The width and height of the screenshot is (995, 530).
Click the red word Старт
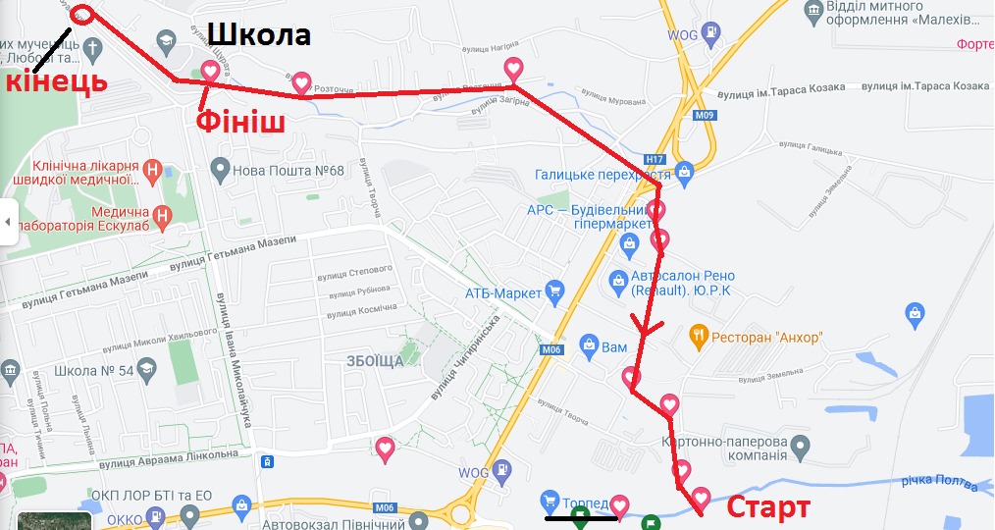767,506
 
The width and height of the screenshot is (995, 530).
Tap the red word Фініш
240,122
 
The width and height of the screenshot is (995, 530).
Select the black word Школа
258,35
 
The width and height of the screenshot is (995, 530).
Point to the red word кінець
56,81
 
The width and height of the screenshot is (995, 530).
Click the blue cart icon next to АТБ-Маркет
555,291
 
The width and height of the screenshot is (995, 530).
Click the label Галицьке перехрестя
602,175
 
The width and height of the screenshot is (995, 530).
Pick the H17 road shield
655,158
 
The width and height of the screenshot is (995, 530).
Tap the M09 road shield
704,115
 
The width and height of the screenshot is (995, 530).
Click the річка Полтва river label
940,482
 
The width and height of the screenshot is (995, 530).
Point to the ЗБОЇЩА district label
374,361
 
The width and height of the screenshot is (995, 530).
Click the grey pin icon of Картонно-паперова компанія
800,448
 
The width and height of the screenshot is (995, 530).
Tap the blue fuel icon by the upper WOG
707,35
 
